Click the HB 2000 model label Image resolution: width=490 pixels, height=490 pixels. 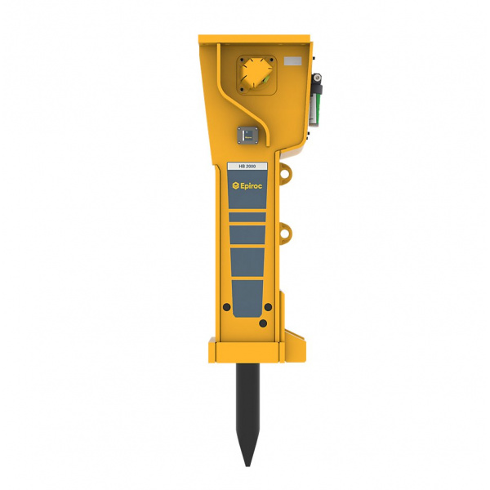click(246, 166)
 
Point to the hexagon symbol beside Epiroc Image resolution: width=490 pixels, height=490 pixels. click(234, 187)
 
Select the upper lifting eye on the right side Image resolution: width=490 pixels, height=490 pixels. click(286, 172)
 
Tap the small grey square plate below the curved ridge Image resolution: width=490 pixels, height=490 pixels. click(247, 135)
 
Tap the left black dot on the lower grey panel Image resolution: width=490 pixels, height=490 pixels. click(225, 307)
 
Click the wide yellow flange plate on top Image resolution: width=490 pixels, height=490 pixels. click(254, 38)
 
